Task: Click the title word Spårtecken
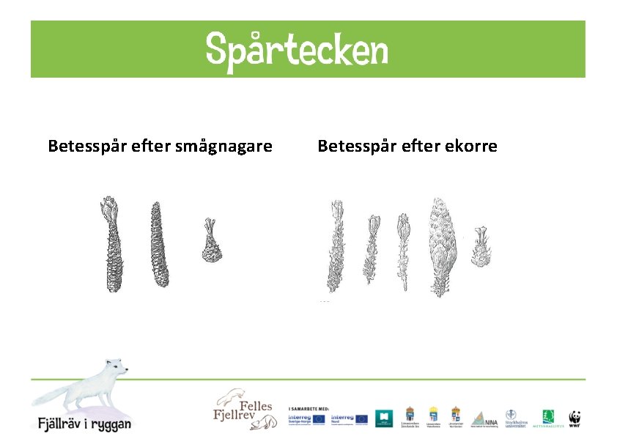(x=296, y=50)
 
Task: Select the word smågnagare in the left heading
(x=224, y=146)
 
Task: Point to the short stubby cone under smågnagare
(x=211, y=241)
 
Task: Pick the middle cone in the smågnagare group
(x=158, y=244)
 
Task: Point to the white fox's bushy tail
(x=51, y=396)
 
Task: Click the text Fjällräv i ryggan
(x=85, y=423)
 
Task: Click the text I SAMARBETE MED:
(x=308, y=407)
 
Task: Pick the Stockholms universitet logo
(x=515, y=418)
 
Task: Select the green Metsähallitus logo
(x=548, y=418)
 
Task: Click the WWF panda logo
(x=575, y=418)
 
